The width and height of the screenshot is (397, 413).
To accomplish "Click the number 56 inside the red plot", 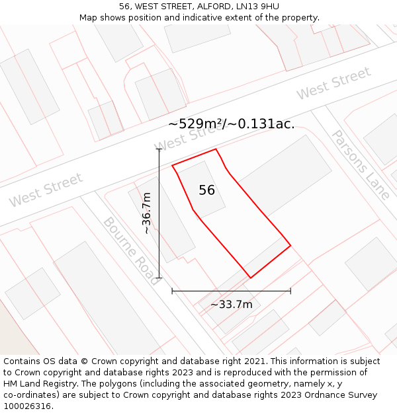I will point(207,190).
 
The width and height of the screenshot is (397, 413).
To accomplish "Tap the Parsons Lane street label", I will point(360,165).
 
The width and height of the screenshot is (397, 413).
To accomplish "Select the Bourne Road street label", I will point(130,250).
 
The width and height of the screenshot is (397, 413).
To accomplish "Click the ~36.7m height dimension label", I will point(147,213).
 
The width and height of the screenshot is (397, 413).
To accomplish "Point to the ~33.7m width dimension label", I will point(232,305).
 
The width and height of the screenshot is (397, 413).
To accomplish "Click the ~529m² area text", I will point(193,124).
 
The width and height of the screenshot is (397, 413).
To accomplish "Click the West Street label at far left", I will point(46,190).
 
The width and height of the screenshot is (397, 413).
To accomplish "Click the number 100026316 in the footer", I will point(28,406).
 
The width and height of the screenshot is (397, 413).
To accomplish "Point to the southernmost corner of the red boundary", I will point(250,278).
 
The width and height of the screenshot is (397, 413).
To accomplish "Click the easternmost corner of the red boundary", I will point(290,246).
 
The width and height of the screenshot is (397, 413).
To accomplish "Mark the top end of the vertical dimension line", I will point(159,149).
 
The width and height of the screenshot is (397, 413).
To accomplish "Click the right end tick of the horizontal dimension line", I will point(290,290).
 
